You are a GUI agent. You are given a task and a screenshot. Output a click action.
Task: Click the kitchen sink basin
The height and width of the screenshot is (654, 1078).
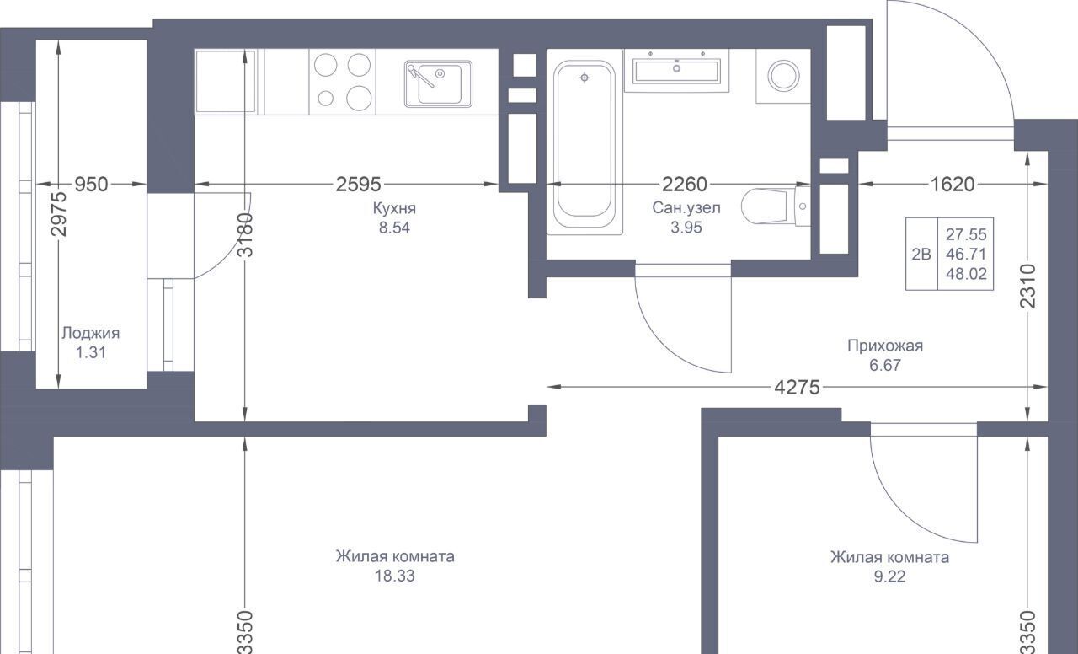coord(438,83)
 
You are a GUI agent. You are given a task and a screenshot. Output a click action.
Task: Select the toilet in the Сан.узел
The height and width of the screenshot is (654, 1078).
coord(776,206)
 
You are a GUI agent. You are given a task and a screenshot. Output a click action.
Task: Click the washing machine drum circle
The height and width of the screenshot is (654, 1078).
coord(783,76)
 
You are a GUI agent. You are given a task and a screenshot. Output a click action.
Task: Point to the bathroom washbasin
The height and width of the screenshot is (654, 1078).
coord(676,70)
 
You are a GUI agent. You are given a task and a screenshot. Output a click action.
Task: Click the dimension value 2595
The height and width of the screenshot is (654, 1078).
coord(358,184)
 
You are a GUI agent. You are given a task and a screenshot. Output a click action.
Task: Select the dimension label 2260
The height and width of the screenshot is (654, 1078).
coord(685,184)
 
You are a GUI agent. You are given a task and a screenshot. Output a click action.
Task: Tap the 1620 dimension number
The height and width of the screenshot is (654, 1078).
coord(953,184)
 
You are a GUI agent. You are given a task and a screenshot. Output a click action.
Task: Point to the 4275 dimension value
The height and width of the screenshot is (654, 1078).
coord(797,387)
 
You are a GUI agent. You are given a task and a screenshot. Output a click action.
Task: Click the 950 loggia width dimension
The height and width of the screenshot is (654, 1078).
coord(92,184)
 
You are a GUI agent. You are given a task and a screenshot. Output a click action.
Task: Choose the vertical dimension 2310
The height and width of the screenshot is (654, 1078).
coord(1027,286)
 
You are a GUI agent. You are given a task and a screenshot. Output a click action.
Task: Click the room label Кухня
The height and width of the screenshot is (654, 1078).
coord(394,208)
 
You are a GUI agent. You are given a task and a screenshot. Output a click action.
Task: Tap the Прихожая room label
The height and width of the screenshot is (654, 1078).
coord(885,346)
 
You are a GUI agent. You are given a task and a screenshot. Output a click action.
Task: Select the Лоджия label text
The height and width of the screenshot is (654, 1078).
coord(90,333)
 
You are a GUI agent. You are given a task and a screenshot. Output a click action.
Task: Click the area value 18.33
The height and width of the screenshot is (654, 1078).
coord(395,576)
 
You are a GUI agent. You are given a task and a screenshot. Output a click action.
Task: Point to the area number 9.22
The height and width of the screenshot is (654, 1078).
coord(889,576)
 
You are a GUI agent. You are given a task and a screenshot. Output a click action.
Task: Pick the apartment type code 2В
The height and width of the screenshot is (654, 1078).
coord(921,254)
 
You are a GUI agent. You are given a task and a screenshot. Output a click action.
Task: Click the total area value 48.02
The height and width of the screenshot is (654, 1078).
coord(966,274)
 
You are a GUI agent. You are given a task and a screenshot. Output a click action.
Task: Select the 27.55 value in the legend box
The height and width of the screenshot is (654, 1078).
coord(966,234)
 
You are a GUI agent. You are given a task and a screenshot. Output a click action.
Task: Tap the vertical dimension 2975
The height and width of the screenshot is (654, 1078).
coord(59,214)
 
